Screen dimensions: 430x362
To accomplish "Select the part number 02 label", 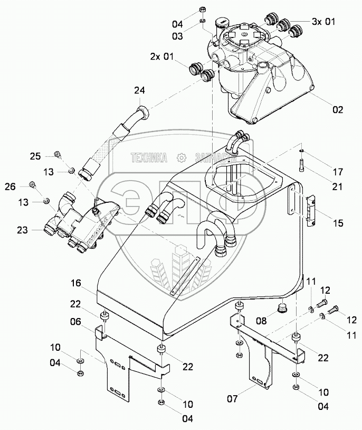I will pos(337,110).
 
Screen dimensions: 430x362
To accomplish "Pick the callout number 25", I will pos(35,156).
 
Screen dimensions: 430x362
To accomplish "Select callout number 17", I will pos(338,172).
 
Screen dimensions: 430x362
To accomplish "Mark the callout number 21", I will pos(338,186).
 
